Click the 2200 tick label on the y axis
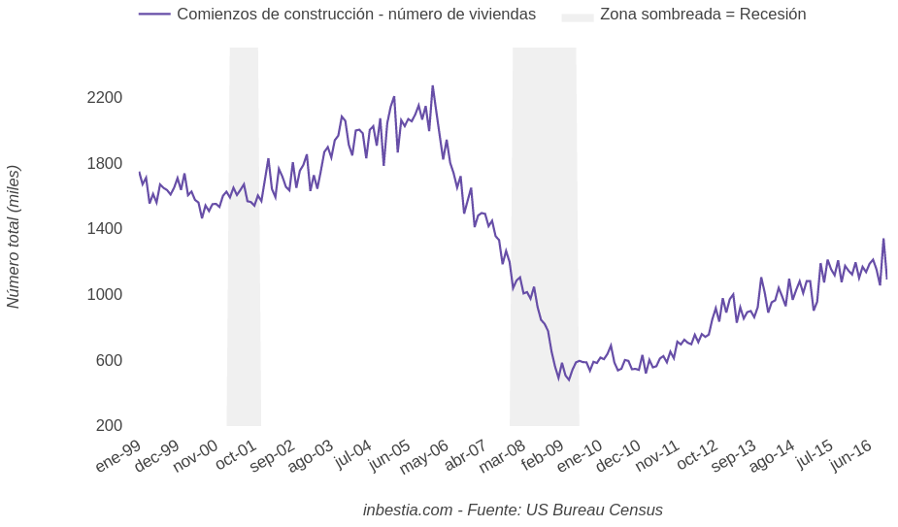[104, 97]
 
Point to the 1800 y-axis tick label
[104, 163]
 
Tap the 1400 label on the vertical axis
[104, 228]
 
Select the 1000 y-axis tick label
[104, 294]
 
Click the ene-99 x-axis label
[117, 455]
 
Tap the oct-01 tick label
[236, 455]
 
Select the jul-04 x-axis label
[352, 453]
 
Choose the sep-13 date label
[733, 455]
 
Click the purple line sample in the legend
[154, 15]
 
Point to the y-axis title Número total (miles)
[14, 237]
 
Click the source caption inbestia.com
[408, 510]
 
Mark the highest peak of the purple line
[433, 86]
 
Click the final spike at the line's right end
[883, 240]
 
